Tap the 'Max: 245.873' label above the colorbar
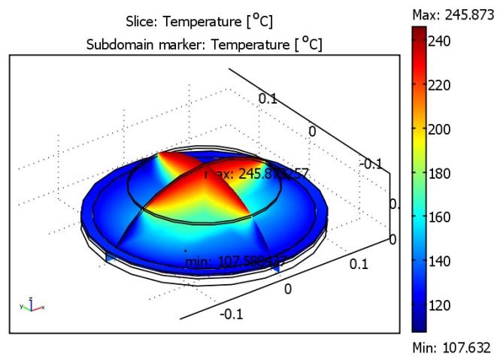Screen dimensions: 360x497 [x=450, y=14]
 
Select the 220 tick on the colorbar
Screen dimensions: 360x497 [x=439, y=85]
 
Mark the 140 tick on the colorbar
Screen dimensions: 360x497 [x=439, y=262]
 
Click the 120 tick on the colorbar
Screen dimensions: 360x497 [x=439, y=305]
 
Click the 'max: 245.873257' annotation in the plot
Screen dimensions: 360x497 [x=256, y=174]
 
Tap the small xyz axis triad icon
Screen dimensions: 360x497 [x=31, y=304]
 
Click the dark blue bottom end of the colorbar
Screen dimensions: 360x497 [x=419, y=328]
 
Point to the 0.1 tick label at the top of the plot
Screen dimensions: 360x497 [x=268, y=98]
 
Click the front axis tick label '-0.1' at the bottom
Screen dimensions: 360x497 [x=232, y=314]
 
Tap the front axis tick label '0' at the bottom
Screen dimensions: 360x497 [x=286, y=289]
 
